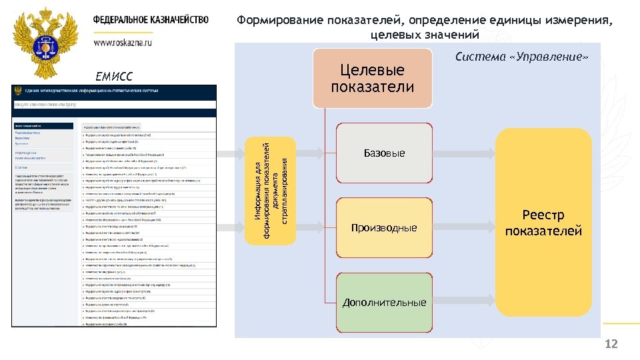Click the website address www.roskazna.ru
click(x=123, y=41)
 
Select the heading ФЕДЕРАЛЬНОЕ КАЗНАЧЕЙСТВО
click(x=151, y=20)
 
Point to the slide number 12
click(x=611, y=344)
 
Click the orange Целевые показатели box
click(x=373, y=79)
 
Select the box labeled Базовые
click(x=384, y=154)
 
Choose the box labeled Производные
click(x=384, y=228)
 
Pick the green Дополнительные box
click(x=384, y=302)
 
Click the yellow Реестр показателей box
click(x=543, y=223)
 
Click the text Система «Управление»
click(x=522, y=57)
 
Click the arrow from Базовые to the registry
click(x=464, y=153)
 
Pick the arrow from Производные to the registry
click(x=464, y=228)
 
